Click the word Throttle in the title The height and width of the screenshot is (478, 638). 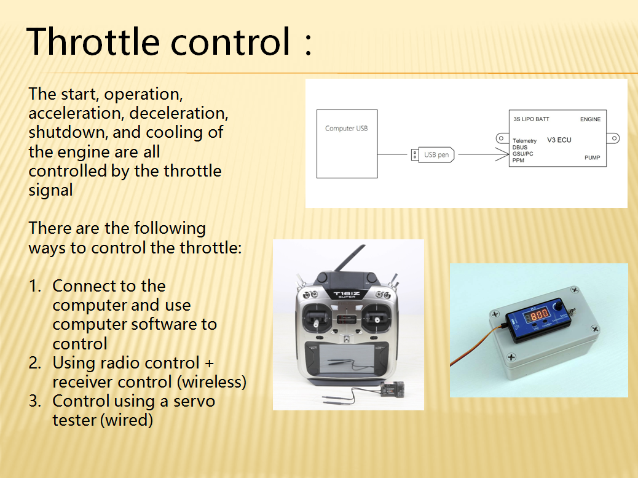(x=93, y=41)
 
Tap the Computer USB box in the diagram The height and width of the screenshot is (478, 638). (x=347, y=144)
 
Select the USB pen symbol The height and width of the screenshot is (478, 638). (x=433, y=154)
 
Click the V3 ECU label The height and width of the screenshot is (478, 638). (x=559, y=140)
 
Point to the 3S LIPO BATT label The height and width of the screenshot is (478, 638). (x=531, y=119)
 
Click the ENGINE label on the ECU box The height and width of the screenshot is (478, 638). (x=591, y=119)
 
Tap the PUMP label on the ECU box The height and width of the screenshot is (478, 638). (x=593, y=157)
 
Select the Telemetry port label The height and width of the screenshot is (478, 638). (x=524, y=141)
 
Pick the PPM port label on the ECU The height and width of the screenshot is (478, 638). (x=518, y=161)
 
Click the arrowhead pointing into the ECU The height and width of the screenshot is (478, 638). (x=503, y=154)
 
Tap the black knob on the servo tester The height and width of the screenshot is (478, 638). (x=559, y=304)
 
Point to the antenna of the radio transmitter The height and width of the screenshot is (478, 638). (x=350, y=258)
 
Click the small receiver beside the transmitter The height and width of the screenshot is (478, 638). (x=393, y=389)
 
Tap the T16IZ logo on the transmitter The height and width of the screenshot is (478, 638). (x=347, y=293)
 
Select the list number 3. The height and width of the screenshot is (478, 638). (x=35, y=401)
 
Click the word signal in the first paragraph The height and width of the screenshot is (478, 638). (x=50, y=190)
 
